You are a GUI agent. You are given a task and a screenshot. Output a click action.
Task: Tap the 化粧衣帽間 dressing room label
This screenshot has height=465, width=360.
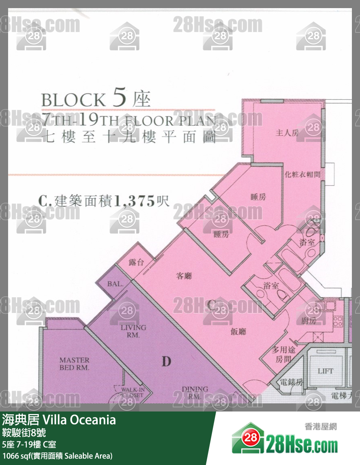pos(303,174)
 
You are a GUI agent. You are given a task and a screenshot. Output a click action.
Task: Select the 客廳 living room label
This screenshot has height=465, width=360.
pos(184,276)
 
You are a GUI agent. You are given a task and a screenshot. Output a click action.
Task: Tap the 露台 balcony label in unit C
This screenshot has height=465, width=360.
pos(136,262)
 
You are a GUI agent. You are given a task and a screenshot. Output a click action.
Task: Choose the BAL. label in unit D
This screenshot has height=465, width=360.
pos(115,284)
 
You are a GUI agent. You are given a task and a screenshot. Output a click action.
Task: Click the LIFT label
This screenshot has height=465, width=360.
pos(325,371)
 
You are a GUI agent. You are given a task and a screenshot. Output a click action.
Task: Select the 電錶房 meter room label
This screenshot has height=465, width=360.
pos(291,382)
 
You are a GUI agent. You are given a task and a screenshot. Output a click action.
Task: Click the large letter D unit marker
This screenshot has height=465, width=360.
pos(166,360)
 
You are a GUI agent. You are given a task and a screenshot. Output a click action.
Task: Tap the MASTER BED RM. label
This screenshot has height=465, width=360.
pos(74,364)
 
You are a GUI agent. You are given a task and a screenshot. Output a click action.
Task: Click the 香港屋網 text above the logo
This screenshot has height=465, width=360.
pos(320,426)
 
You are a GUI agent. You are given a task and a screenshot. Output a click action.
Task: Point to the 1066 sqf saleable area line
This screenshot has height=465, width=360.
pos(57,456)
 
